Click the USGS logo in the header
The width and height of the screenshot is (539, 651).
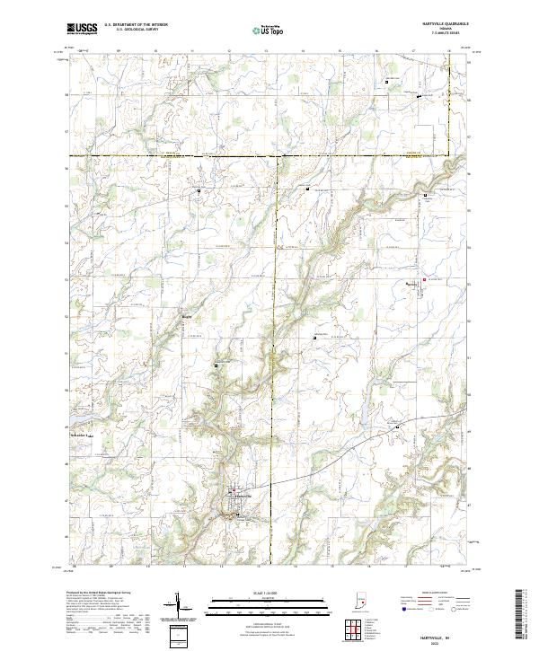tap(82, 28)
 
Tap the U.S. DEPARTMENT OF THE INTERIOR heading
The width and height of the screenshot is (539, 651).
tap(136, 25)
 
